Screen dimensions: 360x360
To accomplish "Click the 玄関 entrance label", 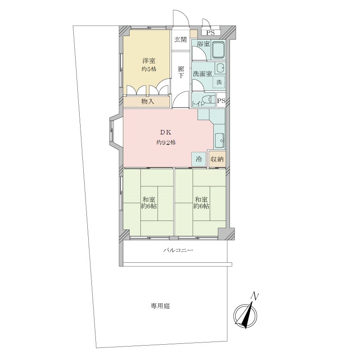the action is (180, 40).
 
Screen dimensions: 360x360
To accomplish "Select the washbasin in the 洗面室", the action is (220, 68).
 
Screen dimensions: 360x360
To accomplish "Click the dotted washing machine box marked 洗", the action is (219, 82).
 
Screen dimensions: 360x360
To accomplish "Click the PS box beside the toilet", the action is (221, 100).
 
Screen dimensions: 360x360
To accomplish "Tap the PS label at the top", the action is (210, 33).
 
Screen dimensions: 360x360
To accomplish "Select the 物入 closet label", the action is (148, 101).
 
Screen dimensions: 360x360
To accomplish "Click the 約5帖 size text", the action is (149, 69).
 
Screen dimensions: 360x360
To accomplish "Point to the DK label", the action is (166, 132).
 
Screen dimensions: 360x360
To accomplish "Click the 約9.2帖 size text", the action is (166, 143).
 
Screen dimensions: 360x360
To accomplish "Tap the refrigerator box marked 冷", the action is (199, 159).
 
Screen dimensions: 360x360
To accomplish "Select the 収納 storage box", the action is (217, 159).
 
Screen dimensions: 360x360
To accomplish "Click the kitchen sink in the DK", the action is (220, 140).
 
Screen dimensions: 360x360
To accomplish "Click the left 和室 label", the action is (149, 199).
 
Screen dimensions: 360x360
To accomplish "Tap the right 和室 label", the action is (201, 199).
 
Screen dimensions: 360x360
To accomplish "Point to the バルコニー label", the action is (178, 250).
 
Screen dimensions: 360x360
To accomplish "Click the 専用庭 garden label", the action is (160, 306).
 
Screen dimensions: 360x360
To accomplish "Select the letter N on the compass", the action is (255, 296).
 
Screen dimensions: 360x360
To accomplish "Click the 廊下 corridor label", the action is (181, 72).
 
